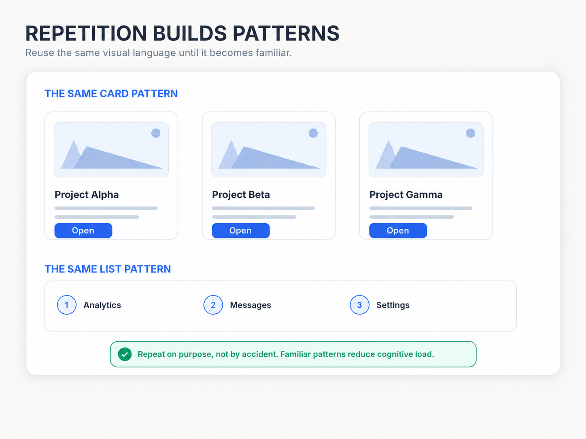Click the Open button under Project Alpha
coord(83,230)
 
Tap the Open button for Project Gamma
coord(398,230)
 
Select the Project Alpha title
coord(87,195)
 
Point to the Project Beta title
coord(241,195)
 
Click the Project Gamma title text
coord(406,195)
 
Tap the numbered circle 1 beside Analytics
coord(67,305)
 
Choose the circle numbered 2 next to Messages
coord(213,305)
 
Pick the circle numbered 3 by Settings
coord(360,305)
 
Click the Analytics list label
coord(102,305)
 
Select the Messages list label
coord(251,305)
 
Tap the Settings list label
coord(393,305)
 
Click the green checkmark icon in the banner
coord(125,354)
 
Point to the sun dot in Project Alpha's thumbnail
coord(156,133)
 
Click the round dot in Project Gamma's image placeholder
coord(470,133)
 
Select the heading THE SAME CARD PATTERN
coord(111,93)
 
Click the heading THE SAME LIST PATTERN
coord(108,269)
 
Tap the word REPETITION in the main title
coord(86,33)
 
